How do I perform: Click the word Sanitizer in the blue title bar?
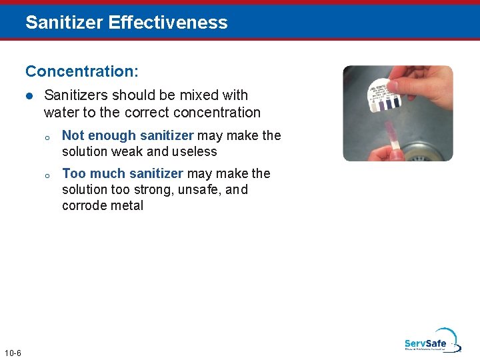pyautogui.click(x=64, y=22)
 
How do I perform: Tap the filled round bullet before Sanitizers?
pyautogui.click(x=29, y=96)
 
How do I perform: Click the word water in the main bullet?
pyautogui.click(x=61, y=112)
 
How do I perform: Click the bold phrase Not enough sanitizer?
pyautogui.click(x=127, y=135)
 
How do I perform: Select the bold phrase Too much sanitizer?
pyautogui.click(x=122, y=173)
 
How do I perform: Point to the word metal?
pyautogui.click(x=125, y=205)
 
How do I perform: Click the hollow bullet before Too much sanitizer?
pyautogui.click(x=47, y=175)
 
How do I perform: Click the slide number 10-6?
pyautogui.click(x=12, y=352)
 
